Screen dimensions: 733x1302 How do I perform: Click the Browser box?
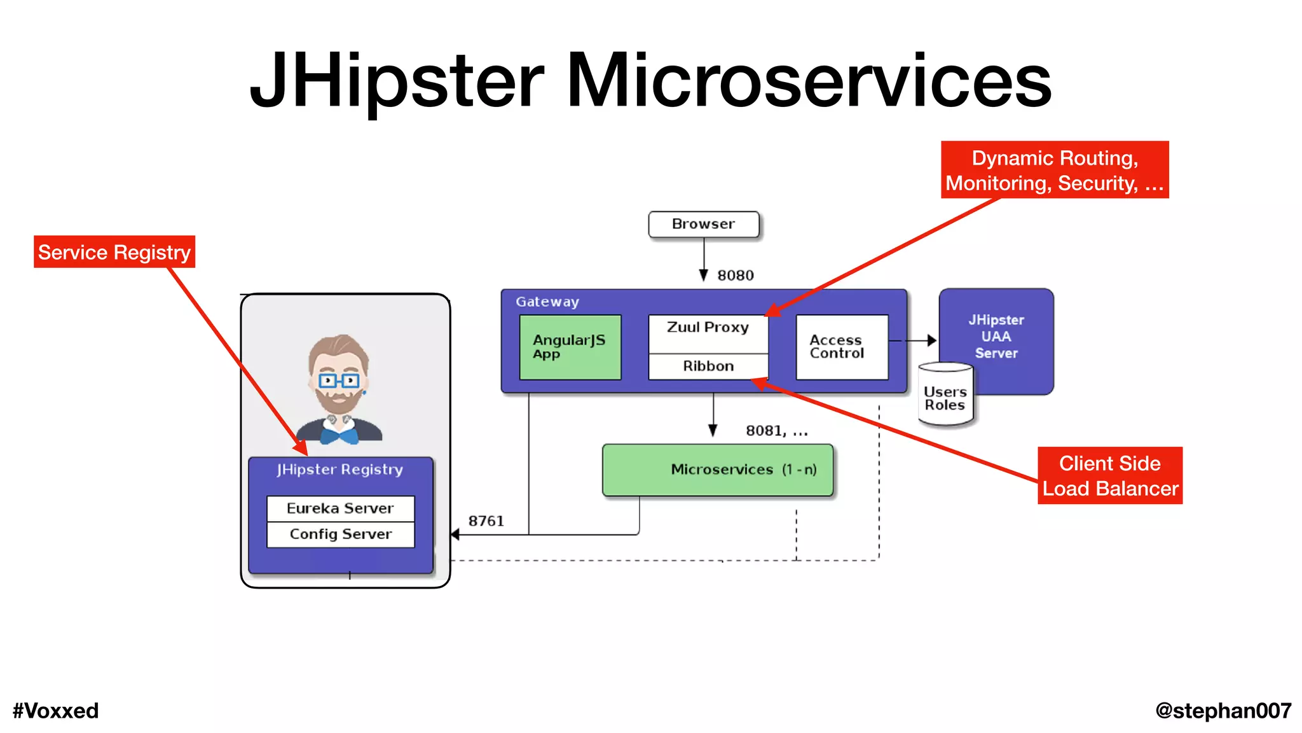point(703,225)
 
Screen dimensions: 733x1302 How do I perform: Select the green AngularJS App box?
point(570,347)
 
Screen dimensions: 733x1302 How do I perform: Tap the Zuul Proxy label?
point(708,328)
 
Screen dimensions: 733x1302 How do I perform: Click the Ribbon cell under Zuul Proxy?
point(708,366)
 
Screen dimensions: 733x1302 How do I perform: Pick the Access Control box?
point(842,347)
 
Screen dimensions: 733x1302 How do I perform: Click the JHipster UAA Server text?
point(996,337)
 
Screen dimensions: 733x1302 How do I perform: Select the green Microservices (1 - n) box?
point(717,470)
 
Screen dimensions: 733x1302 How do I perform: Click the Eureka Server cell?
point(340,508)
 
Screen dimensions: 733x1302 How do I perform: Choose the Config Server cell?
point(340,534)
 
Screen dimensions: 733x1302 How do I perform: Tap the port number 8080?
point(736,276)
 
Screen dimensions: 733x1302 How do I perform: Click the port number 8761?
point(486,521)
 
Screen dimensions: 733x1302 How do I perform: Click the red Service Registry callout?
point(114,253)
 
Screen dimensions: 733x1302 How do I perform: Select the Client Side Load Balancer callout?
point(1110,476)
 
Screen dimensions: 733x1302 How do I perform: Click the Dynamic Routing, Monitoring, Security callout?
point(1055,170)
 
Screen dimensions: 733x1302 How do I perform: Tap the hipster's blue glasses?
point(339,381)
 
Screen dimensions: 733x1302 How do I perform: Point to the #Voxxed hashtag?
point(56,711)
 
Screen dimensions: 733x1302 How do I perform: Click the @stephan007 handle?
point(1223,711)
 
